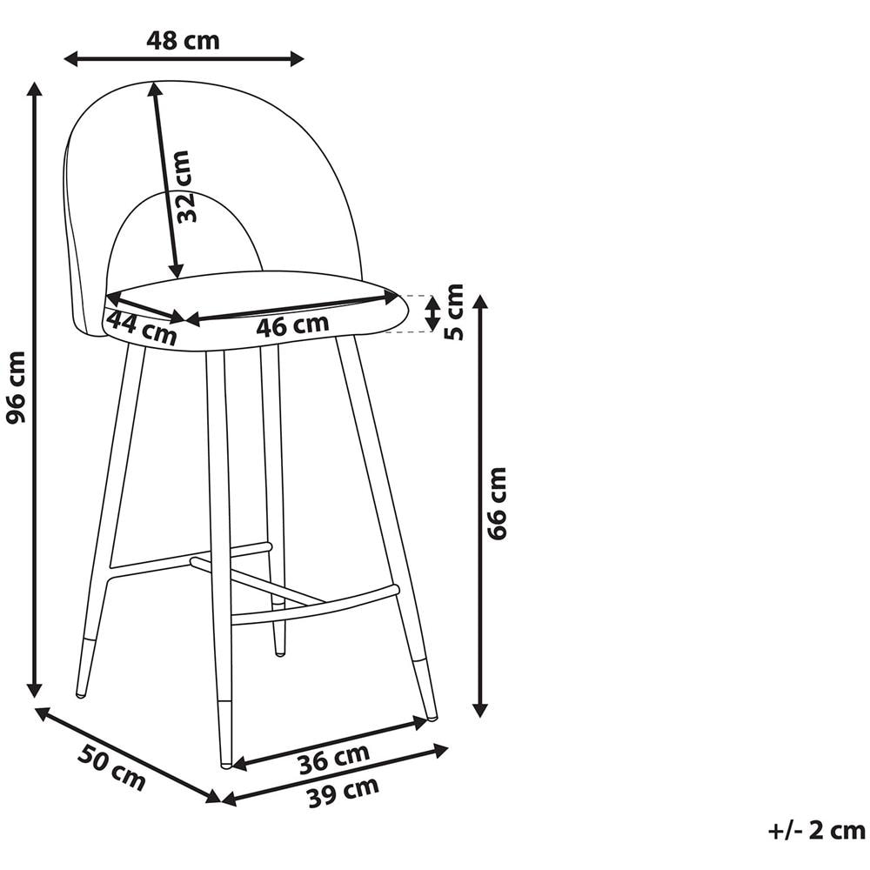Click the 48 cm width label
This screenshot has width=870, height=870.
pyautogui.click(x=183, y=41)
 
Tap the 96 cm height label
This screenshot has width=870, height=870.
pyautogui.click(x=16, y=387)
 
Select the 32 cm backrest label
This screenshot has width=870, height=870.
pyautogui.click(x=184, y=186)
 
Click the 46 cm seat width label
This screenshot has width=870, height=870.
pyautogui.click(x=292, y=325)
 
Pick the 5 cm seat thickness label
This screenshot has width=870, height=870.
pyautogui.click(x=454, y=311)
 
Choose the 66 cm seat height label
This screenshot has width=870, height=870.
pyautogui.click(x=497, y=504)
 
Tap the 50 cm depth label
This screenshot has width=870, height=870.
pyautogui.click(x=111, y=768)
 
